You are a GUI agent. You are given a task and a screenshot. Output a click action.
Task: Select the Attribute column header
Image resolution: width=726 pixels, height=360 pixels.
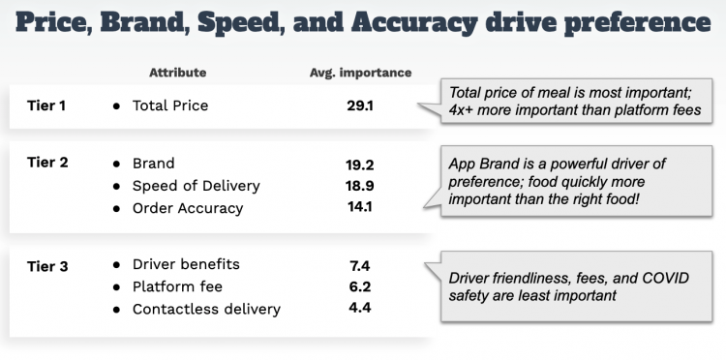coord(177,73)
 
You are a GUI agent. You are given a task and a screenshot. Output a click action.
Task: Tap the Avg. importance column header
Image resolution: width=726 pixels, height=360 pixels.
coord(360,73)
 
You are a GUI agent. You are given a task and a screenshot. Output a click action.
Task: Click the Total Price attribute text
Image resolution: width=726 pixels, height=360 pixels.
coord(170,105)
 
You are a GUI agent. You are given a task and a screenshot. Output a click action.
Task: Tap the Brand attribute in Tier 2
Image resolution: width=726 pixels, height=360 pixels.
coord(153,163)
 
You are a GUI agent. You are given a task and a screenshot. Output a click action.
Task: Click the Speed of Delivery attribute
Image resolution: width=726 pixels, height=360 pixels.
coord(196,185)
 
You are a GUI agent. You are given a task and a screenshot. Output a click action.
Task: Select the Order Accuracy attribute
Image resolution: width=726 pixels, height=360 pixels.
coord(188,208)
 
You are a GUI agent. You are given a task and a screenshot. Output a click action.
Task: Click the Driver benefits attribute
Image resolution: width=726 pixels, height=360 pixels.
coord(186,264)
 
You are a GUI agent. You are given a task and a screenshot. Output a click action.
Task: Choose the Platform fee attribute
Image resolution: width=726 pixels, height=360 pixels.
coord(177,286)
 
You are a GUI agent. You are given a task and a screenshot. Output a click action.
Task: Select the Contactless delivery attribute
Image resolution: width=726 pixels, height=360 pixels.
coord(206,309)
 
